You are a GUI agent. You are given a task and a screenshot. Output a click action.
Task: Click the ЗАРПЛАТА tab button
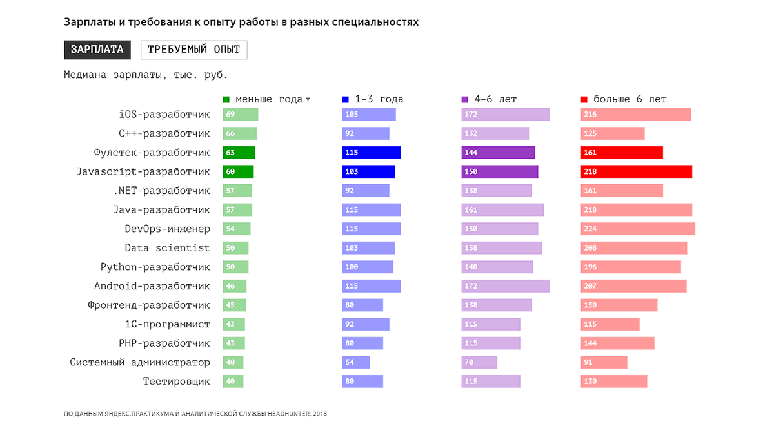[97, 50]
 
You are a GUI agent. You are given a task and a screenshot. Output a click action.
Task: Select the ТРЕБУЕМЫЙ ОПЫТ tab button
[193, 50]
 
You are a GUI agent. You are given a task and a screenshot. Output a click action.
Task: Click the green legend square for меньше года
[226, 99]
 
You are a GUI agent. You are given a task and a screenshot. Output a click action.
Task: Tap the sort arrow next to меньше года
[308, 99]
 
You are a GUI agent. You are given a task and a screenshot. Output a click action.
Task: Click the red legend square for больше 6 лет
[584, 99]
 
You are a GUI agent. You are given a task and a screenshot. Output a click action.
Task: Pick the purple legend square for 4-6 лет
[465, 99]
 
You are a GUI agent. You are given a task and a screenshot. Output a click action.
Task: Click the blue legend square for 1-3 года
[346, 99]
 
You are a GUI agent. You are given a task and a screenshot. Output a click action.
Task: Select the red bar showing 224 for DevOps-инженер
[638, 229]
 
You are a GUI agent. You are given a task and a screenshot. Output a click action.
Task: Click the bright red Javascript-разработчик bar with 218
[636, 171]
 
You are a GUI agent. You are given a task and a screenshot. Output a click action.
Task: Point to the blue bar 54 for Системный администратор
[356, 362]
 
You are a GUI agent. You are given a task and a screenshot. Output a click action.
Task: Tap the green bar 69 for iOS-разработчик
[241, 115]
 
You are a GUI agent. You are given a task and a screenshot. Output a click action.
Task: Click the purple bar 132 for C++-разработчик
[495, 133]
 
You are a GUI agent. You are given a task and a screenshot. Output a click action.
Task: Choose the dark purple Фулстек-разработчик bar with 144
[498, 153]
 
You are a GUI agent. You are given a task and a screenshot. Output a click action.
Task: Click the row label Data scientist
[167, 247]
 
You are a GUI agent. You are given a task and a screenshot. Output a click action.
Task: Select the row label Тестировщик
[176, 382]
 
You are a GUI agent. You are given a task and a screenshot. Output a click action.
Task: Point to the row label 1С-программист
[167, 324]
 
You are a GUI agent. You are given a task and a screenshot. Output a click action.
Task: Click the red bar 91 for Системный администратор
[604, 362]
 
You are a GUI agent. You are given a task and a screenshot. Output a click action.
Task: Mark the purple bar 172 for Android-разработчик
[505, 286]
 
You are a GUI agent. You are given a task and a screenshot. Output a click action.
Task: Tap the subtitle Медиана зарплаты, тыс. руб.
[146, 75]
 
